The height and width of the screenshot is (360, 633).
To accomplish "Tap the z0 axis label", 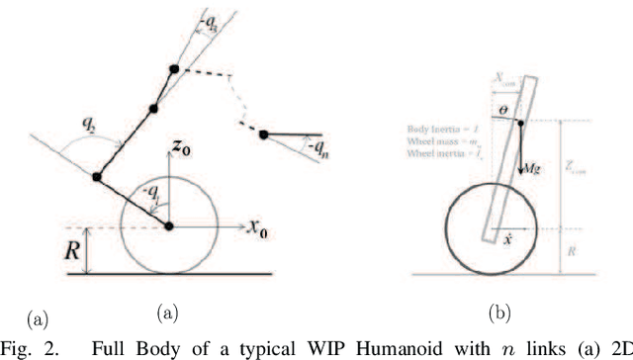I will (x=180, y=147).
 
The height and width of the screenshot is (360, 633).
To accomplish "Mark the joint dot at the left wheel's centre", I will (x=169, y=226).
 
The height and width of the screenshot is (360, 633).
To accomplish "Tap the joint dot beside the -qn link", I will (x=263, y=135).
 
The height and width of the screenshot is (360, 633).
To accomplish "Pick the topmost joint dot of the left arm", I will (x=176, y=69).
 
